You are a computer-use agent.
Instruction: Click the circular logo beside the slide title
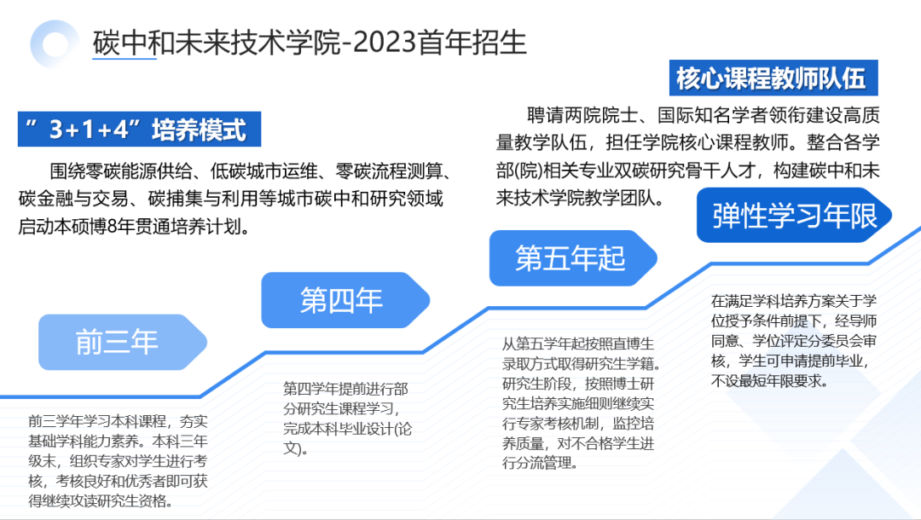55,43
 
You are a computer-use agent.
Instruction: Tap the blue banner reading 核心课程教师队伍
771,79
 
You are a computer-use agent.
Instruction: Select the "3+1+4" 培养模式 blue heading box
139,130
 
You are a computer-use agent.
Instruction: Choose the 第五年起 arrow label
570,257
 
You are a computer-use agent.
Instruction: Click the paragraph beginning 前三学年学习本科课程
118,460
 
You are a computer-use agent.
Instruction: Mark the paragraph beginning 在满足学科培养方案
793,341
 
